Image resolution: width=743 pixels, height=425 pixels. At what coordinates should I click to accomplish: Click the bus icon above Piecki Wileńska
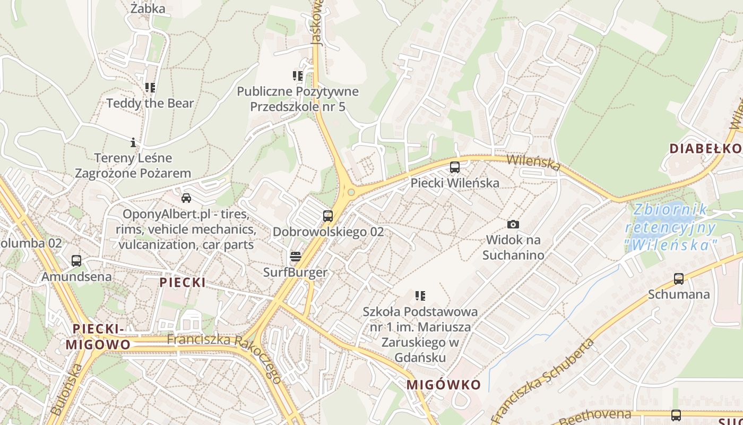(x=455, y=167)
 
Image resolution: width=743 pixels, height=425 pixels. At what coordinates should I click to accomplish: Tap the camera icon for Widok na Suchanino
(x=513, y=225)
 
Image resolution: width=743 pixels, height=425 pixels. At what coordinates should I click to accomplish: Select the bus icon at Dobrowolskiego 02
(x=328, y=216)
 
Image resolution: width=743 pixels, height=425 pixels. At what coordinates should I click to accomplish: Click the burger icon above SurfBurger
(x=296, y=257)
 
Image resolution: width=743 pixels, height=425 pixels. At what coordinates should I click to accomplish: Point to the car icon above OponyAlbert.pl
(x=186, y=198)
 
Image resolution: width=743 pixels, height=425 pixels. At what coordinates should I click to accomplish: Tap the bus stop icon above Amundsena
(x=76, y=261)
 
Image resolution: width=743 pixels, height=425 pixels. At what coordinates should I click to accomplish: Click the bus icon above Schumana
(x=678, y=278)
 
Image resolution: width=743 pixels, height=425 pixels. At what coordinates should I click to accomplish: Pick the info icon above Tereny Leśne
(x=133, y=142)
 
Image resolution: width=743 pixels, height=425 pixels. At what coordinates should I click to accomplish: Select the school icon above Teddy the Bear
(x=150, y=87)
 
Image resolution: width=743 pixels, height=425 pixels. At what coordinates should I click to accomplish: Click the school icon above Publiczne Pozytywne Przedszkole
(x=298, y=76)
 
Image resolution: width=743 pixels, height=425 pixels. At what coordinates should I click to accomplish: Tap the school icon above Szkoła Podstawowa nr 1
(x=420, y=295)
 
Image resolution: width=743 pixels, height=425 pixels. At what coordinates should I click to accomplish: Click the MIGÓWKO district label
(x=444, y=385)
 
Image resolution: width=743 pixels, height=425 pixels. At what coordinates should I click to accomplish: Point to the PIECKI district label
(x=183, y=282)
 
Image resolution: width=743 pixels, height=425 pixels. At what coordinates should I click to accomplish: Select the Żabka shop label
(x=148, y=8)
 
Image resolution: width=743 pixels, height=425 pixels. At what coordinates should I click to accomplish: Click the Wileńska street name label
(x=533, y=163)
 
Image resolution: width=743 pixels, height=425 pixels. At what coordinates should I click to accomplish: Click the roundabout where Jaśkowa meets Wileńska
(x=351, y=192)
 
